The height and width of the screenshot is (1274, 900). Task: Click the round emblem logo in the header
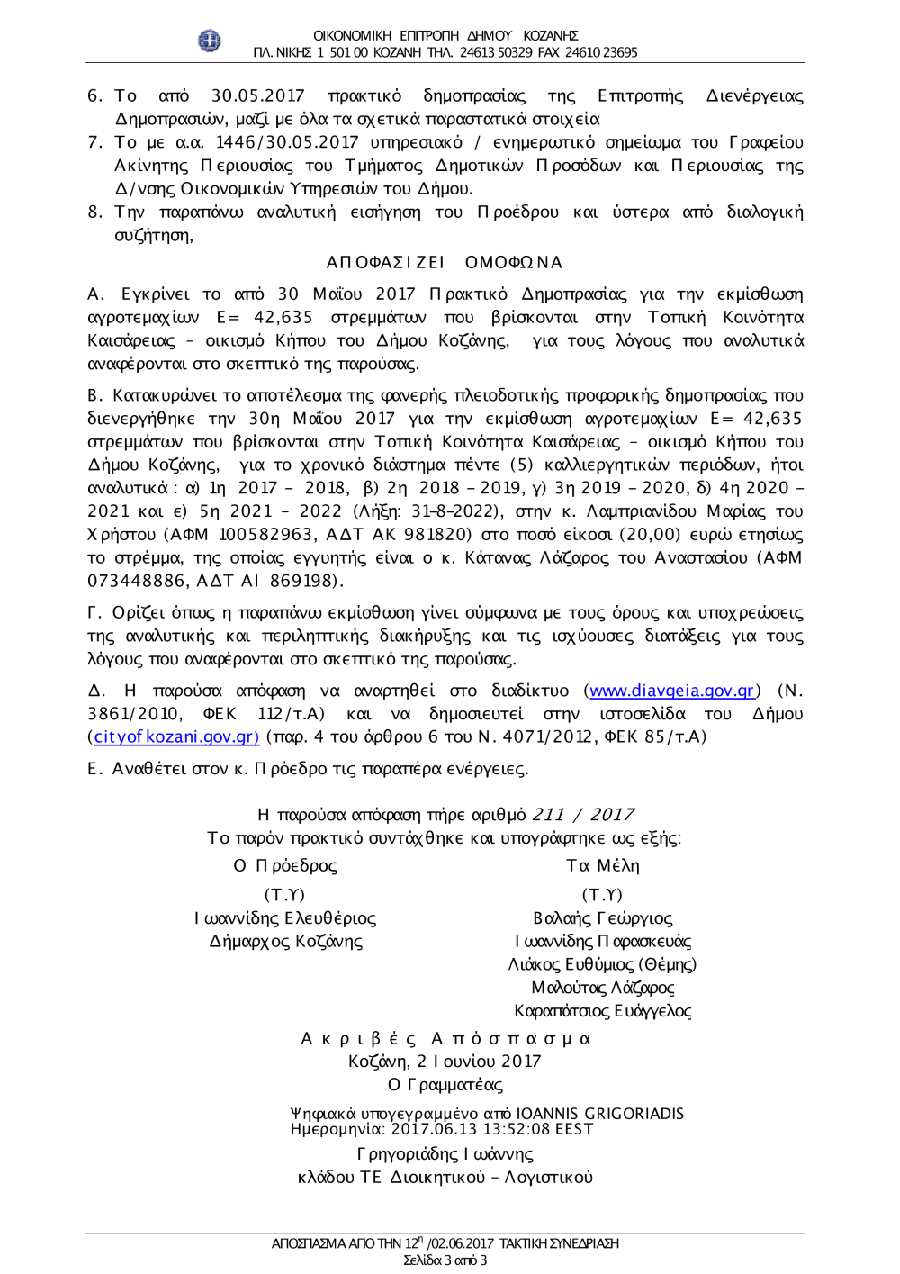coord(209,41)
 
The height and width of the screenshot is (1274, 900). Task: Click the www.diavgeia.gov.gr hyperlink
coord(671,691)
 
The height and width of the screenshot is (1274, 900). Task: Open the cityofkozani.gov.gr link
coord(175,736)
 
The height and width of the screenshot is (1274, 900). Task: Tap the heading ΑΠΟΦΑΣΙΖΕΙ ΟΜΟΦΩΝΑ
coord(444,262)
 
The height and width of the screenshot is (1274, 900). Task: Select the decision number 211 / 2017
coord(583,814)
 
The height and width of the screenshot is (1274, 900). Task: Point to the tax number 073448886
coord(137,581)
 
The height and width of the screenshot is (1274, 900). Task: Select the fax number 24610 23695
coord(601,52)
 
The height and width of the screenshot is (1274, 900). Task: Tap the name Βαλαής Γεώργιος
coord(602,918)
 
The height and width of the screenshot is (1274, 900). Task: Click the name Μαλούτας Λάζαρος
coord(602,988)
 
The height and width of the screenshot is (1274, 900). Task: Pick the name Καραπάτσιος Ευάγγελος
coord(602,1011)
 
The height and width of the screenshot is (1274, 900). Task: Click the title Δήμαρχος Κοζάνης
coord(285,941)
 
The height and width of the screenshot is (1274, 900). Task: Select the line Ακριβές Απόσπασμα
coord(445,1038)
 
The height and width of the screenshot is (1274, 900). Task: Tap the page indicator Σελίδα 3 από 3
coord(445,1260)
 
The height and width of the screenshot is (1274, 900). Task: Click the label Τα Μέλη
coord(602,865)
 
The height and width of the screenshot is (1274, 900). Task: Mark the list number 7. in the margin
coord(95,142)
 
